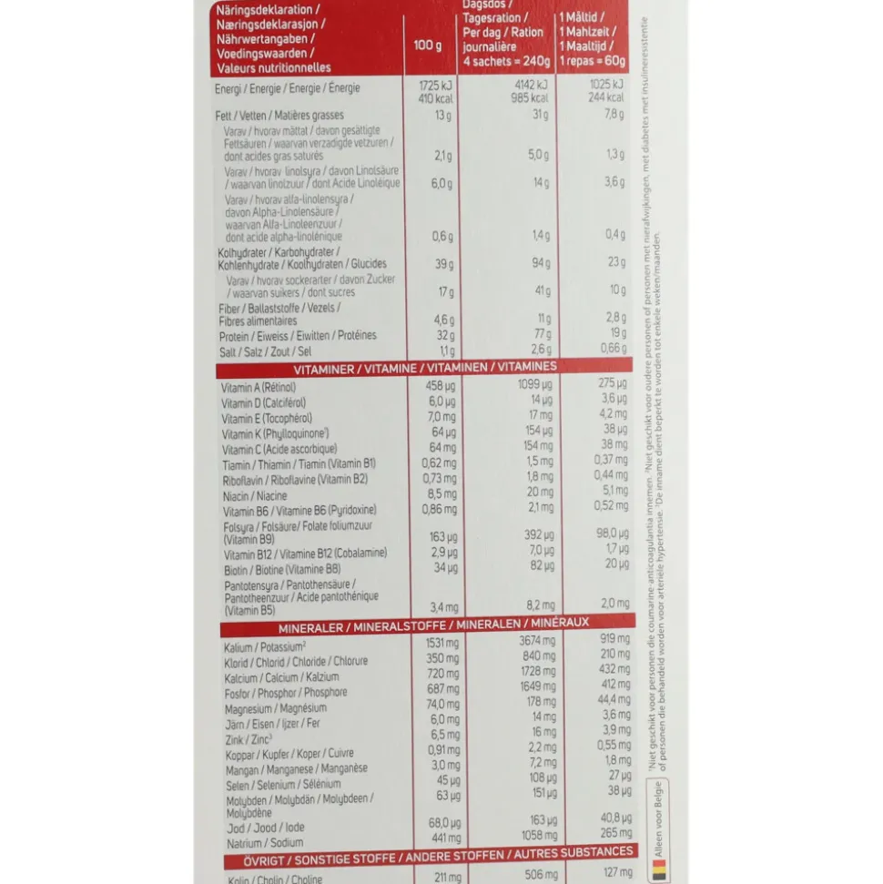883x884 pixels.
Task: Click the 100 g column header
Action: [426, 45]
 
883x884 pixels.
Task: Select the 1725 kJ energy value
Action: [431, 84]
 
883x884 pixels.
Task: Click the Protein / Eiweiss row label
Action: [297, 335]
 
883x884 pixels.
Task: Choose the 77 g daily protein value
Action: [541, 335]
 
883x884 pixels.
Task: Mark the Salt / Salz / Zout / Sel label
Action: [265, 351]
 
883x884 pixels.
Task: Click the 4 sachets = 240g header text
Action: [506, 61]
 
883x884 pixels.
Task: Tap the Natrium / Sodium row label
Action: [253, 843]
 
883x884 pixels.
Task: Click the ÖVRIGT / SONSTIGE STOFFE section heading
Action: [426, 855]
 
